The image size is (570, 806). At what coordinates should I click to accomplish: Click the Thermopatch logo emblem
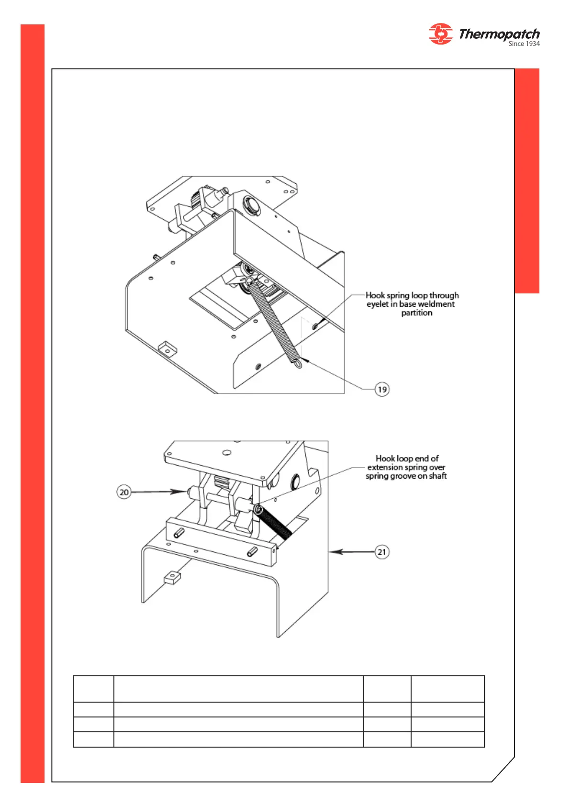(440, 34)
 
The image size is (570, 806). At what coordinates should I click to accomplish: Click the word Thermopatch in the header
(499, 34)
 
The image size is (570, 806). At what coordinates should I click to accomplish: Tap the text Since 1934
(524, 44)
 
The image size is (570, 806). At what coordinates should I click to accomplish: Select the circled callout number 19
(382, 389)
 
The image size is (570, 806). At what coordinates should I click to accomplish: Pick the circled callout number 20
(124, 492)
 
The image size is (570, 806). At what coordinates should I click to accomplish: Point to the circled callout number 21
(382, 552)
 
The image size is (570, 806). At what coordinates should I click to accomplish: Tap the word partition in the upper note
(416, 313)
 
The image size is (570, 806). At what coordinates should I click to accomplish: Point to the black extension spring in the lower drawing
(276, 524)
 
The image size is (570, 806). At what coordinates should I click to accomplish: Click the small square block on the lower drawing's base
(172, 578)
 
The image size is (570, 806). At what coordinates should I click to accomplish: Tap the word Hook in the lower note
(385, 459)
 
